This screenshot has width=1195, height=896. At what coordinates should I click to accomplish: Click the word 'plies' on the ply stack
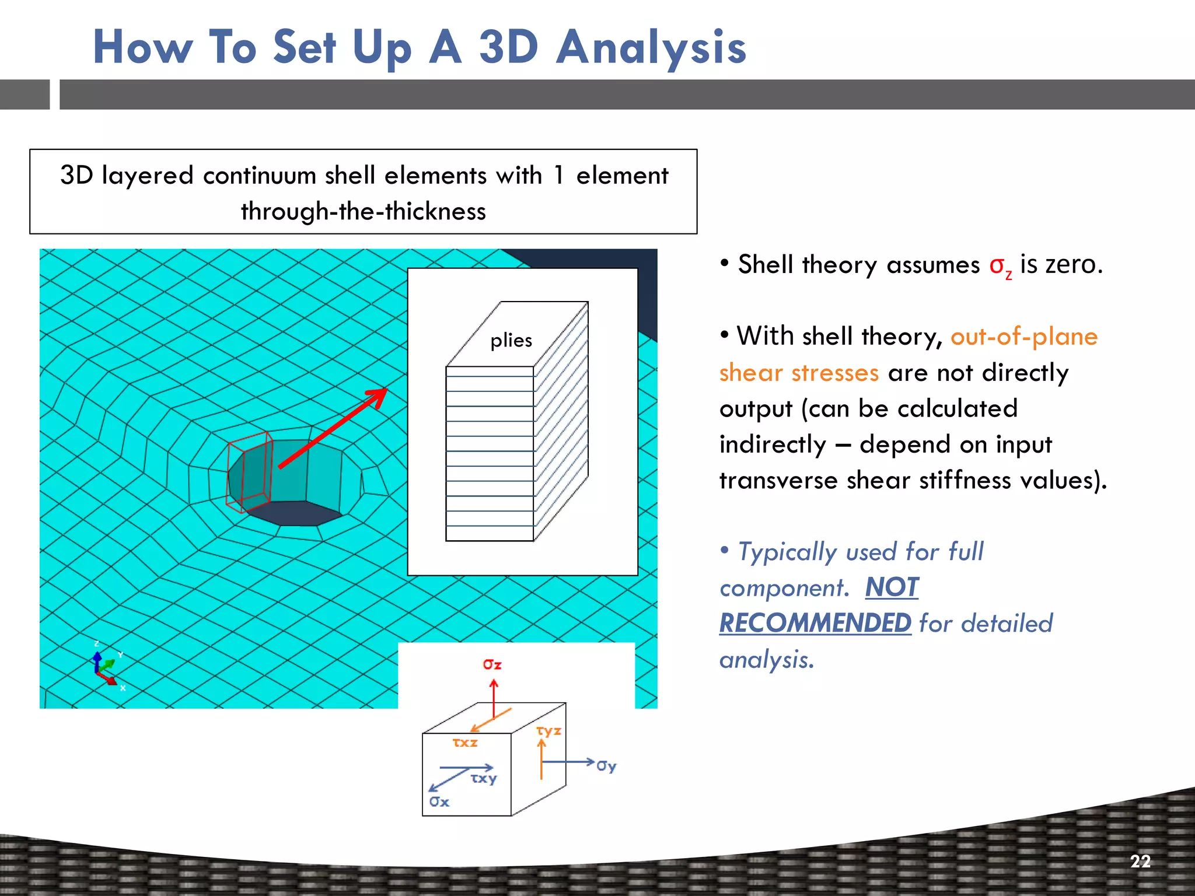pyautogui.click(x=511, y=340)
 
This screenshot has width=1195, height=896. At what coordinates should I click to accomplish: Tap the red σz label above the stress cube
pyautogui.click(x=492, y=664)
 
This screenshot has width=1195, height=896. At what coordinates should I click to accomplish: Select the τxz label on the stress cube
pyautogui.click(x=465, y=743)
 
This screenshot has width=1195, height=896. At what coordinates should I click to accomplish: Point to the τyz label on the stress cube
pyautogui.click(x=548, y=731)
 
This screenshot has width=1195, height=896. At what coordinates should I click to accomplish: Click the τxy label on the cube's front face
pyautogui.click(x=484, y=778)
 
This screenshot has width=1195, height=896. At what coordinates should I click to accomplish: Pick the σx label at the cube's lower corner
pyautogui.click(x=439, y=802)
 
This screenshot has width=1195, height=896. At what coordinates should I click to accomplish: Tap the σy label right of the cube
pyautogui.click(x=606, y=765)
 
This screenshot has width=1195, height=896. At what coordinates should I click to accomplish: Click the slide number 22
pyautogui.click(x=1140, y=862)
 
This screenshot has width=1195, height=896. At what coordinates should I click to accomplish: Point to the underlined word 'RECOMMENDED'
pyautogui.click(x=815, y=624)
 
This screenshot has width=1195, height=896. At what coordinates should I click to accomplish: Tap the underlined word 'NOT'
pyautogui.click(x=892, y=587)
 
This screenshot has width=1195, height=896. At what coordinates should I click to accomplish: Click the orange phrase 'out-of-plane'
pyautogui.click(x=1024, y=337)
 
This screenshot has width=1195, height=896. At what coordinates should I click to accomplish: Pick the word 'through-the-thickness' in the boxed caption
pyautogui.click(x=363, y=211)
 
